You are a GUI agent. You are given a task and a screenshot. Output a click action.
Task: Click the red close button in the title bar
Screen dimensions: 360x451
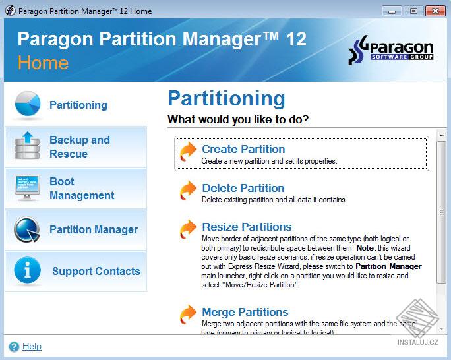pyautogui.click(x=434, y=11)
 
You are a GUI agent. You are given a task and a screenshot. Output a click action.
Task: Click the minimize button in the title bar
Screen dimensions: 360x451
pyautogui.click(x=392, y=11)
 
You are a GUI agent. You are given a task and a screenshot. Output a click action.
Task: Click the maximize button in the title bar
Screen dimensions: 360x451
pyautogui.click(x=412, y=11)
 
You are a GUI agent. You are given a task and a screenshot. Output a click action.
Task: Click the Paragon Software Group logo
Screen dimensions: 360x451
pyautogui.click(x=391, y=52)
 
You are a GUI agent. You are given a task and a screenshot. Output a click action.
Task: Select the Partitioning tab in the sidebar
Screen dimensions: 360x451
pyautogui.click(x=78, y=105)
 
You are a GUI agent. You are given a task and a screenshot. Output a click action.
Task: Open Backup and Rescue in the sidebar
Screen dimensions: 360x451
pyautogui.click(x=80, y=147)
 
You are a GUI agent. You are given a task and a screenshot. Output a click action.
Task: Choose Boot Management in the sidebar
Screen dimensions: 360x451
pyautogui.click(x=82, y=189)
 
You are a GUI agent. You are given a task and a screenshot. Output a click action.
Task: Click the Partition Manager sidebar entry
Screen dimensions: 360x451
pyautogui.click(x=94, y=229)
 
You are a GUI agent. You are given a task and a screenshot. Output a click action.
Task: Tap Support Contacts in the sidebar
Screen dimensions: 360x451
pyautogui.click(x=96, y=271)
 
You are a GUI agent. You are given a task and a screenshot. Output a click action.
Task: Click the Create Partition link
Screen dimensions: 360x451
pyautogui.click(x=243, y=149)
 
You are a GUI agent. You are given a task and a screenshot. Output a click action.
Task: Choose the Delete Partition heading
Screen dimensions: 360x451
pyautogui.click(x=243, y=188)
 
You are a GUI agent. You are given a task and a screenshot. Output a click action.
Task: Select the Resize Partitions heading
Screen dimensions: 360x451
pyautogui.click(x=247, y=227)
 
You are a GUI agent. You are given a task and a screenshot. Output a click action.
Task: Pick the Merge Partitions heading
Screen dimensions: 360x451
pyautogui.click(x=245, y=312)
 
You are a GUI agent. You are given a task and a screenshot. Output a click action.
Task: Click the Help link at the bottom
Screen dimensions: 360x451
pyautogui.click(x=32, y=346)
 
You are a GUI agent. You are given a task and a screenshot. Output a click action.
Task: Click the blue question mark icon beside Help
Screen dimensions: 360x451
pyautogui.click(x=14, y=346)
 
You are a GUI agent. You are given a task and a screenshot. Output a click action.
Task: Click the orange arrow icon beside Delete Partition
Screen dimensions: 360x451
pyautogui.click(x=188, y=191)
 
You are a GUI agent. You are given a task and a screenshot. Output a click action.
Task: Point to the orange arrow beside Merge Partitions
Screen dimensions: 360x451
pyautogui.click(x=188, y=314)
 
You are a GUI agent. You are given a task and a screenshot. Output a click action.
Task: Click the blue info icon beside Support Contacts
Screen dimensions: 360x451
pyautogui.click(x=27, y=271)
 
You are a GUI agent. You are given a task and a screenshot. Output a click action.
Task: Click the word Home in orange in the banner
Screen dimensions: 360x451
pyautogui.click(x=43, y=63)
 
